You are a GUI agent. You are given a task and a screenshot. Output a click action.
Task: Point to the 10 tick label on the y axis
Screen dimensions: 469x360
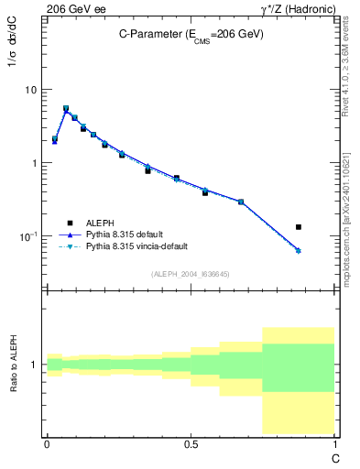click(31, 90)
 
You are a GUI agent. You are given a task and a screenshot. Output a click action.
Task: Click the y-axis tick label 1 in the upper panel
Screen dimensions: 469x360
click(35, 163)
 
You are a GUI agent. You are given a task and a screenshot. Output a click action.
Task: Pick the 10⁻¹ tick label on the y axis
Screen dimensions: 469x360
click(28, 235)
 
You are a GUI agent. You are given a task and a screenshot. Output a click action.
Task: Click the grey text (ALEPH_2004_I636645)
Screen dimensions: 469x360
click(191, 274)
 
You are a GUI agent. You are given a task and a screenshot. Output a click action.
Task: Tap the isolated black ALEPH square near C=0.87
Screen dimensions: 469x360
click(299, 226)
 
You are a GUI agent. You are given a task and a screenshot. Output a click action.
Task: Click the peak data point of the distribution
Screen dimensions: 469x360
click(66, 108)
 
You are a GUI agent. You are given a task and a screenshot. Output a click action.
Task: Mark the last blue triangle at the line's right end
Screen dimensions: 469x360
click(299, 250)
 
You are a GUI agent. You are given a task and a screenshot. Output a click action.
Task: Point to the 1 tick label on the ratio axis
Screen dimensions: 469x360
click(35, 365)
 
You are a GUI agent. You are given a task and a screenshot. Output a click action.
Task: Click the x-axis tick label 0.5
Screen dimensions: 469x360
click(191, 444)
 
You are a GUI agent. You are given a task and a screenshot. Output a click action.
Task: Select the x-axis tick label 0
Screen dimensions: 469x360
click(47, 444)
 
